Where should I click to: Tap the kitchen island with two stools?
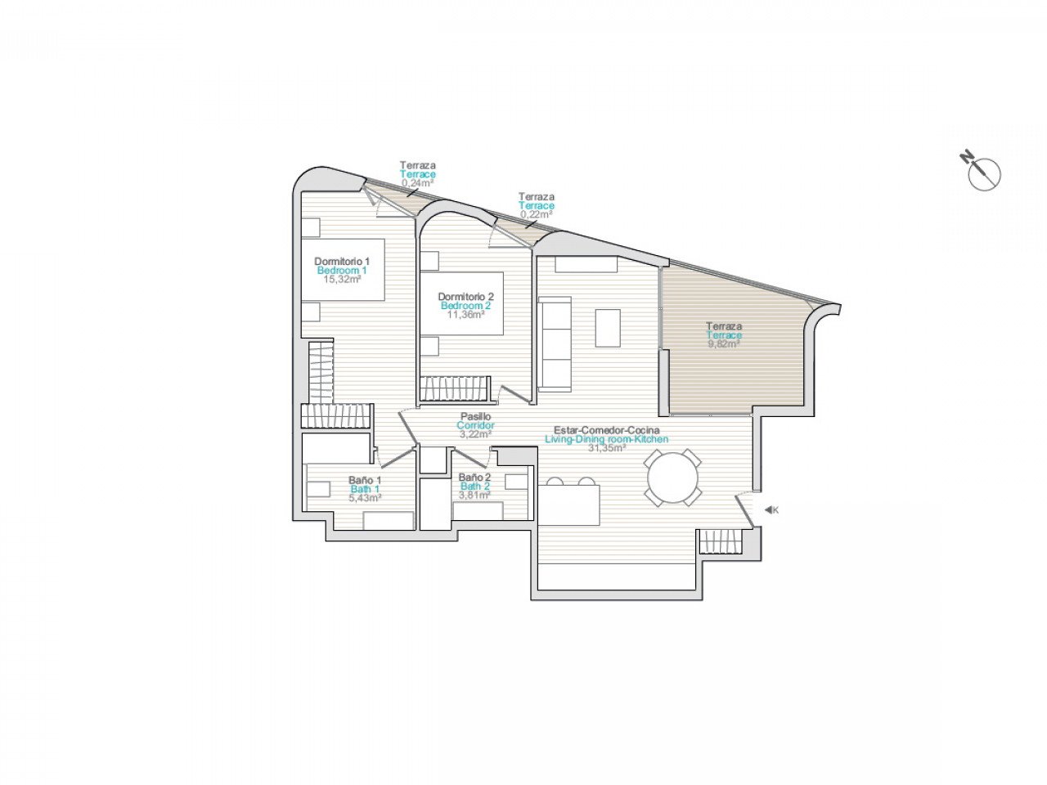[569, 505]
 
